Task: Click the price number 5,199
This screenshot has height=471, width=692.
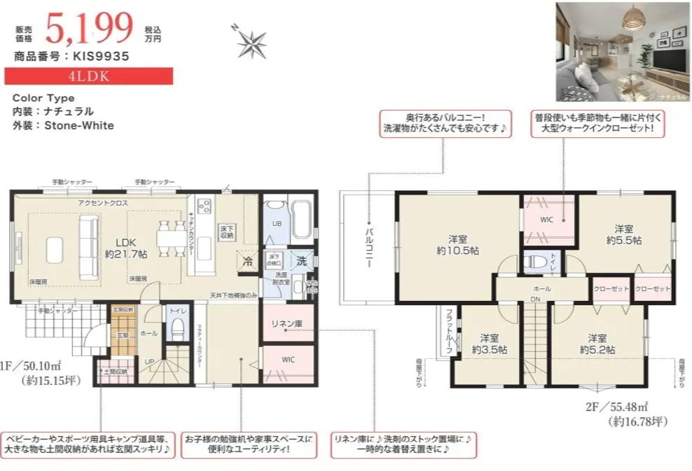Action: pyautogui.click(x=89, y=28)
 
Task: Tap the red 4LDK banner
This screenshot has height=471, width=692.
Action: pyautogui.click(x=89, y=76)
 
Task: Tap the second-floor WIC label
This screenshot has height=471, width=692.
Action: pyautogui.click(x=547, y=219)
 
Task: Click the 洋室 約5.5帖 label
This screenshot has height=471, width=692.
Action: pyautogui.click(x=623, y=234)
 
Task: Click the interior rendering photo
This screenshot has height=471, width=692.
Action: pyautogui.click(x=622, y=52)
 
